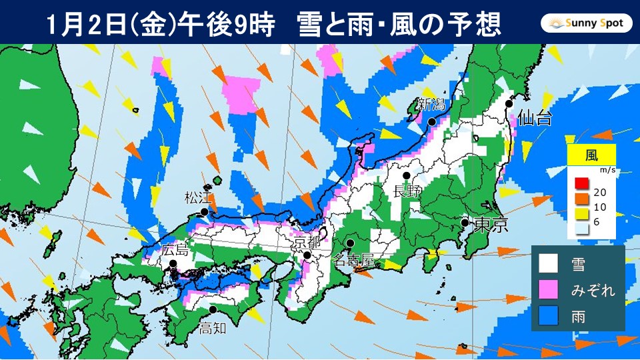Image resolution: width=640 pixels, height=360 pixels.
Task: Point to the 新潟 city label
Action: coord(431,104)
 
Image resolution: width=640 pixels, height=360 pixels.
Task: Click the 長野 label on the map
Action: coord(407,191)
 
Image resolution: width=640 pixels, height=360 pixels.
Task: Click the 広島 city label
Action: coord(175,251)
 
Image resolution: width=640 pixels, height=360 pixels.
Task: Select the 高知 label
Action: coord(213,327)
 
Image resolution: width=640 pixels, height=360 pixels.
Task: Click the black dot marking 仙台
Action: coord(509,103)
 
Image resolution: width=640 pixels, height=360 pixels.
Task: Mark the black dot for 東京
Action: coord(465,222)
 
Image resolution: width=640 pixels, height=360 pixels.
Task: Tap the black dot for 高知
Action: coord(213,309)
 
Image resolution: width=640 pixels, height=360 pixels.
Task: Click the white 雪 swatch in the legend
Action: coord(548,264)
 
